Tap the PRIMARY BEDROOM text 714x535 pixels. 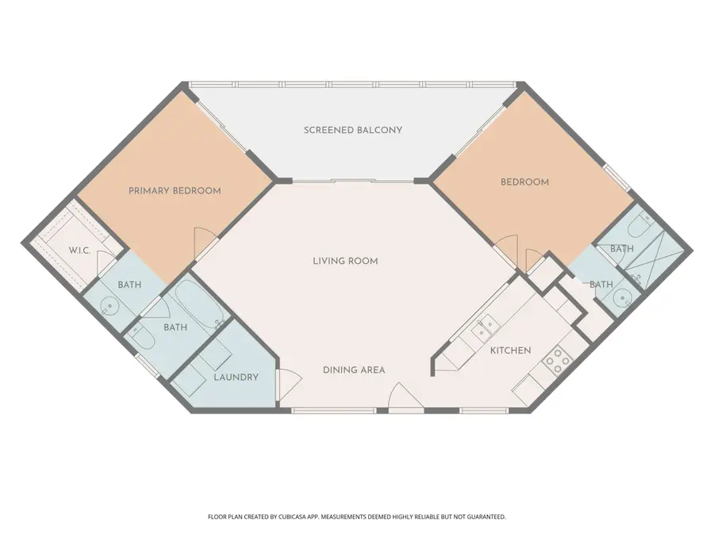(175, 190)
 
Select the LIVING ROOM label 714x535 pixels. (344, 261)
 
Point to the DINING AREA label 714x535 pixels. (354, 370)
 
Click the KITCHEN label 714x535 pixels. (510, 350)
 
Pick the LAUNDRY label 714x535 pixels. (236, 377)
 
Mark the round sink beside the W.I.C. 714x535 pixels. (110, 304)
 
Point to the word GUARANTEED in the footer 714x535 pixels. (482, 517)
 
